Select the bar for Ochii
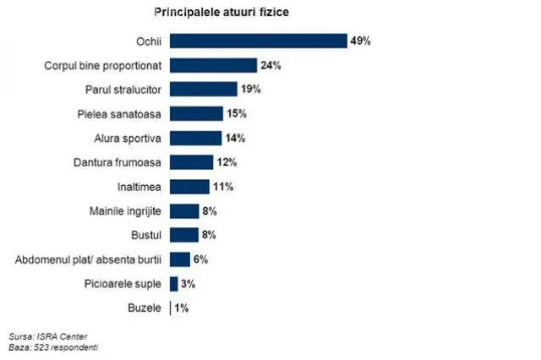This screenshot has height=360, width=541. (x=258, y=41)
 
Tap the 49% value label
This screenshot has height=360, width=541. (x=361, y=41)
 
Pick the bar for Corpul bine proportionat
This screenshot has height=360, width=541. (x=213, y=65)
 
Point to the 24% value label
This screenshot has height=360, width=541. (x=270, y=65)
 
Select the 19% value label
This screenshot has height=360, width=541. (x=251, y=90)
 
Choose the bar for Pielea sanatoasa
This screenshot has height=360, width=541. (x=196, y=113)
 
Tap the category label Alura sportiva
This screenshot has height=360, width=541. (x=129, y=138)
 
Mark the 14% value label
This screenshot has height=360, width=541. (x=235, y=138)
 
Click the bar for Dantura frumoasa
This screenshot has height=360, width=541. (x=191, y=162)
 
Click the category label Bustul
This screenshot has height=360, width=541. (x=146, y=235)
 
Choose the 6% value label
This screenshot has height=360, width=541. (x=200, y=259)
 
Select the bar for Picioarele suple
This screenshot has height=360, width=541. (x=173, y=284)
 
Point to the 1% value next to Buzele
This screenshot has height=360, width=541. (x=182, y=308)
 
